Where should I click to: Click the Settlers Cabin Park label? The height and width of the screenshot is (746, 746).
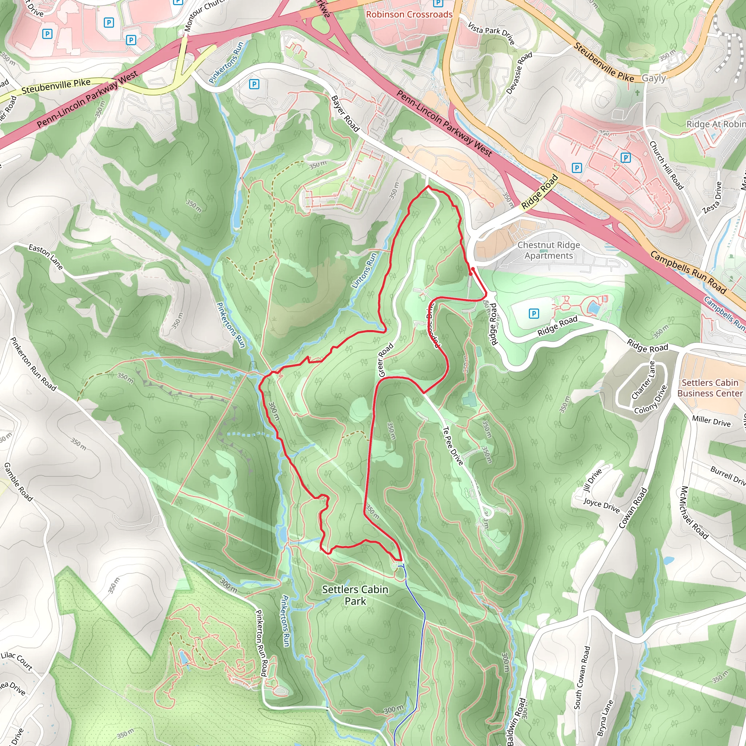[x=355, y=595]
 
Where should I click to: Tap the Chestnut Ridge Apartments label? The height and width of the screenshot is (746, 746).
[x=548, y=250]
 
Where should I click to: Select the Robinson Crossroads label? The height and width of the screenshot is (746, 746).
[x=409, y=14]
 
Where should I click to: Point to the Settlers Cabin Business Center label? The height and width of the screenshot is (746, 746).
[x=710, y=388]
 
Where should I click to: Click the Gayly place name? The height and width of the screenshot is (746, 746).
[x=654, y=78]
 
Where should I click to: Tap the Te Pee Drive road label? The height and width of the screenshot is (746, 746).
[x=452, y=445]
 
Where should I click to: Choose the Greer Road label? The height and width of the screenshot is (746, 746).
[x=385, y=360]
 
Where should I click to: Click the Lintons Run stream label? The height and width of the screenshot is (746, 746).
[x=364, y=271]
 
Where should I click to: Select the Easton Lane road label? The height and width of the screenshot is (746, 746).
[x=46, y=257]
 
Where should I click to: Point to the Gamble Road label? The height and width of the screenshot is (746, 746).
[x=18, y=482]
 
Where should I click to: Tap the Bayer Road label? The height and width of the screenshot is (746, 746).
[x=345, y=114]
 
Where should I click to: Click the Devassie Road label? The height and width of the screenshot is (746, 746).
[x=519, y=73]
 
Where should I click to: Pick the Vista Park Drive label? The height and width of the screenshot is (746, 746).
[x=491, y=33]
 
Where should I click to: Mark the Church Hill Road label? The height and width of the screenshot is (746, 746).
[x=666, y=165]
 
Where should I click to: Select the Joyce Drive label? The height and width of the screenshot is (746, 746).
[x=601, y=506]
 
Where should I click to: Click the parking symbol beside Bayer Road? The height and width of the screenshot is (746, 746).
[x=254, y=84]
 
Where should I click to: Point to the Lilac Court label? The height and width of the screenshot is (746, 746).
[x=17, y=660]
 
